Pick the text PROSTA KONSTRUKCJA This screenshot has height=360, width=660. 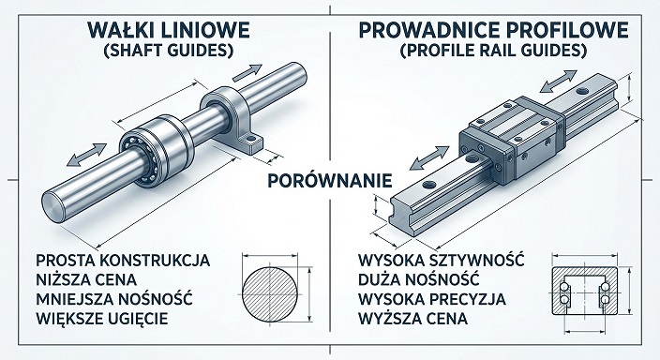click(x=120, y=258)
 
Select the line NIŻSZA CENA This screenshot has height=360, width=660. click(x=85, y=278)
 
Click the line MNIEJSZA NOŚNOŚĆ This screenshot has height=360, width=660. click(x=112, y=299)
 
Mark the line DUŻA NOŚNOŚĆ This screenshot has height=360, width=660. click(x=417, y=278)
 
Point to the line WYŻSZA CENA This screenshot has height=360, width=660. click(x=413, y=320)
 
